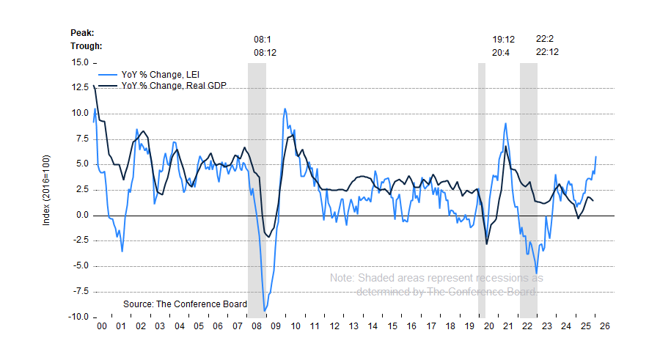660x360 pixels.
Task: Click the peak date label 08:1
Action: (x=263, y=39)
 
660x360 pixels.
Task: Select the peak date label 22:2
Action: (x=545, y=39)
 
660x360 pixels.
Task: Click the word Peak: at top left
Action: (x=82, y=32)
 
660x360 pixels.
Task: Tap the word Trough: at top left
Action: (x=86, y=45)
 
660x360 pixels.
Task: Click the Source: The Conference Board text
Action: (x=185, y=304)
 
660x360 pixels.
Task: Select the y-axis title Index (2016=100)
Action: (x=46, y=190)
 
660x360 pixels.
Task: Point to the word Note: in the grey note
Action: (x=342, y=279)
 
